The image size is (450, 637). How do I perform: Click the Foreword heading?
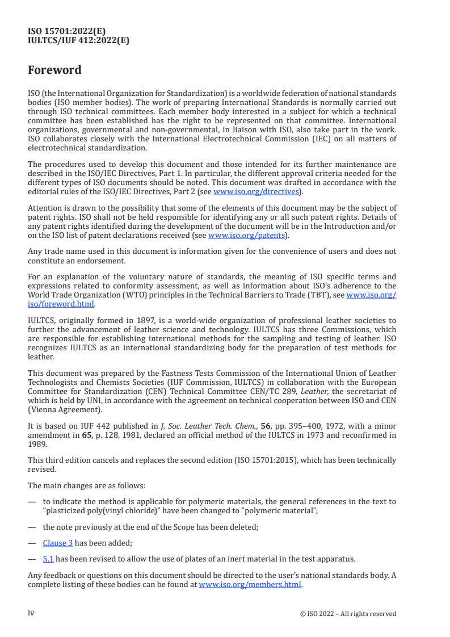[55, 70]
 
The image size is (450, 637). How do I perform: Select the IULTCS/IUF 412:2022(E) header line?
[79, 40]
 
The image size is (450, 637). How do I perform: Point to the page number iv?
[31, 613]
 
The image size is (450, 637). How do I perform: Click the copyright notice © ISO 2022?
[348, 614]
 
